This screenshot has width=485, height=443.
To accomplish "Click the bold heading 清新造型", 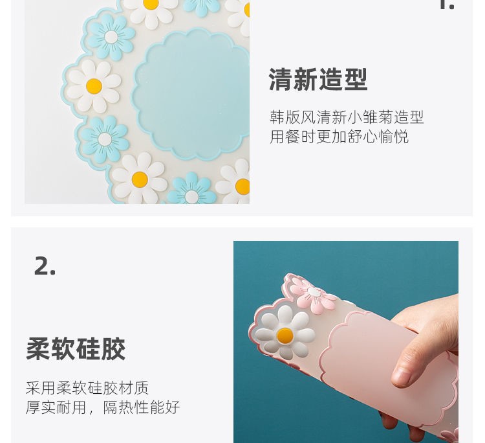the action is tap(318, 79).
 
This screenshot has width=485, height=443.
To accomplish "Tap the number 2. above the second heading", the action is tap(45, 266).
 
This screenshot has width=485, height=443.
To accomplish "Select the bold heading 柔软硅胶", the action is tap(76, 349).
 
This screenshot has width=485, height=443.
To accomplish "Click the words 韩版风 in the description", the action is tap(292, 117).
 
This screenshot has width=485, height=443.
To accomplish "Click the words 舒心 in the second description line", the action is tap(362, 136).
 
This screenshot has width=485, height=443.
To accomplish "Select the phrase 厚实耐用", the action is tap(56, 407).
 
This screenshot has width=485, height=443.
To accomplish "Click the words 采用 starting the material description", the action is tap(41, 388).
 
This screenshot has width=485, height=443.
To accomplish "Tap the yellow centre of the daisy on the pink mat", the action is tap(285, 335).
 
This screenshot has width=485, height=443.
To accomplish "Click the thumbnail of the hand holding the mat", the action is tap(346, 342).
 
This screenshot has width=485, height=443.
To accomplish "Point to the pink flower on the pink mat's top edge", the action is tap(313, 293).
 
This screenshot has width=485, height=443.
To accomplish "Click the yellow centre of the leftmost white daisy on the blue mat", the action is tap(94, 86).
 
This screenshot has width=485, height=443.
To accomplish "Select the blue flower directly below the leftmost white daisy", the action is tap(105, 139).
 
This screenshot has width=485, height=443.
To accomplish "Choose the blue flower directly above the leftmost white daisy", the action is tap(111, 37).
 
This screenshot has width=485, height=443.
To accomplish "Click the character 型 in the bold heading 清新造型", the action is tap(356, 79).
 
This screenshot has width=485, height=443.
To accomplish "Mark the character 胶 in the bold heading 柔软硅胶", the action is tap(114, 349).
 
